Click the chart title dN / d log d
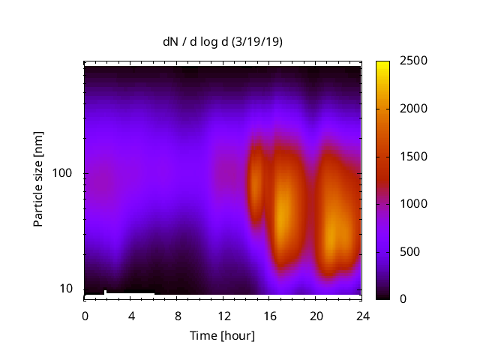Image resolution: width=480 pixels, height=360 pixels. pos(196,42)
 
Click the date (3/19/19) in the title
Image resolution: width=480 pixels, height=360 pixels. pos(256,42)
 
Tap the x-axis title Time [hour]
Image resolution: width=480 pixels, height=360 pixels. pos(223,335)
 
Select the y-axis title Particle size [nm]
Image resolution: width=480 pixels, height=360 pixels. pos(38,182)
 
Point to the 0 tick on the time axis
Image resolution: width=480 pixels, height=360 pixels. pos(85,315)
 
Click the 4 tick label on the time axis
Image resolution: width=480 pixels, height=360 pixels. pos(131,315)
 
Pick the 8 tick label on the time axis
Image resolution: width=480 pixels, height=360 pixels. pos(178,315)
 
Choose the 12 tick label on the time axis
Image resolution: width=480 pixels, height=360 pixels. pos(223,315)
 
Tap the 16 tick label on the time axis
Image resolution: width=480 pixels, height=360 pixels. pos(270,315)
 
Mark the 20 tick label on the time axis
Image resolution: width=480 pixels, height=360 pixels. pos(316,315)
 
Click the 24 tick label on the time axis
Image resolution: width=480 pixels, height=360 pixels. pos(362,315)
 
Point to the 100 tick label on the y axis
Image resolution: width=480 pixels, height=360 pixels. pos(62,173)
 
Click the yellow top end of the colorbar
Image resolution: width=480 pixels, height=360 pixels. pos(382,64)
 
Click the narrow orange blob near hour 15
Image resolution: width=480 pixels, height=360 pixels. pos(257,184)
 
